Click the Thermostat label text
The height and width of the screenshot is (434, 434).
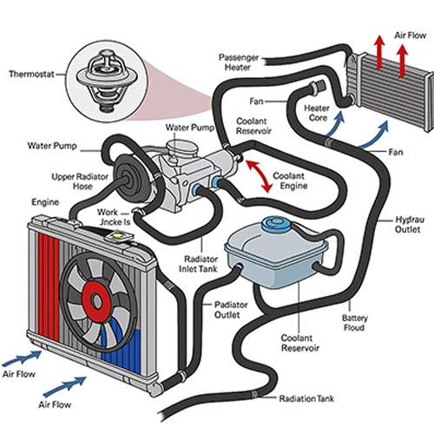click(x=31, y=74)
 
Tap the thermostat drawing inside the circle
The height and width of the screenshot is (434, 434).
click(x=105, y=81)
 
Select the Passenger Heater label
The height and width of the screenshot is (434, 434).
click(x=239, y=62)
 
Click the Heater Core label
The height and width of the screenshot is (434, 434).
click(x=317, y=113)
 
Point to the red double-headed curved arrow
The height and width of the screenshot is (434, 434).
click(x=260, y=176)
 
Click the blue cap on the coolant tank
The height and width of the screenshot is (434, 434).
click(x=276, y=224)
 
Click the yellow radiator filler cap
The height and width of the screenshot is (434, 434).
click(x=119, y=235)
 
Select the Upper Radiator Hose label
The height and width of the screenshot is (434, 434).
click(x=80, y=181)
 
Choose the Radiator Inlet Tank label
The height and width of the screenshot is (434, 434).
click(x=198, y=264)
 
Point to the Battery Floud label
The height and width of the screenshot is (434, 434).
click(x=355, y=323)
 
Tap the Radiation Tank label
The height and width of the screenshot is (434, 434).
click(x=306, y=398)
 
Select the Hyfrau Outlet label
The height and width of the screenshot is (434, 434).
click(x=410, y=224)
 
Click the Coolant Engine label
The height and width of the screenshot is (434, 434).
click(x=290, y=181)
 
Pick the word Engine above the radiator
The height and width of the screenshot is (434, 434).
click(x=45, y=202)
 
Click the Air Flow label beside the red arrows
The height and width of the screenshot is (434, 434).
click(x=410, y=36)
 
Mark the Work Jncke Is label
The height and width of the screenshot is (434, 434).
click(x=113, y=217)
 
